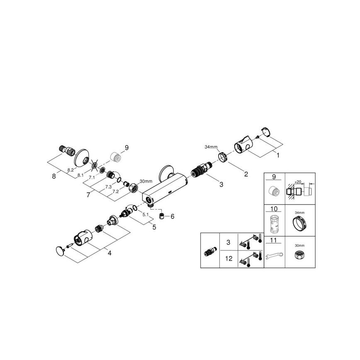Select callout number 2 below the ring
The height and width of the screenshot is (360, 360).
pos(246,174)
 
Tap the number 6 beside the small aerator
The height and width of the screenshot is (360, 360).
pos(173,216)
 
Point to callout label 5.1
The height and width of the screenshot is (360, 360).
pos(146,214)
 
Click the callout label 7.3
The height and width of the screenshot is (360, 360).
pos(108,187)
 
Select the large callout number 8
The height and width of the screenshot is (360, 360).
pos(54,176)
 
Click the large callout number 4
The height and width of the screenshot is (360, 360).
pos(109,253)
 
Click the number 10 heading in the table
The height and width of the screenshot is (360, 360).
pos(273,209)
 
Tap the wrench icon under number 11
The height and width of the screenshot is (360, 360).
pos(274,255)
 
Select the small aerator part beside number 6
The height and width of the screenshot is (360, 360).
pos(163,216)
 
